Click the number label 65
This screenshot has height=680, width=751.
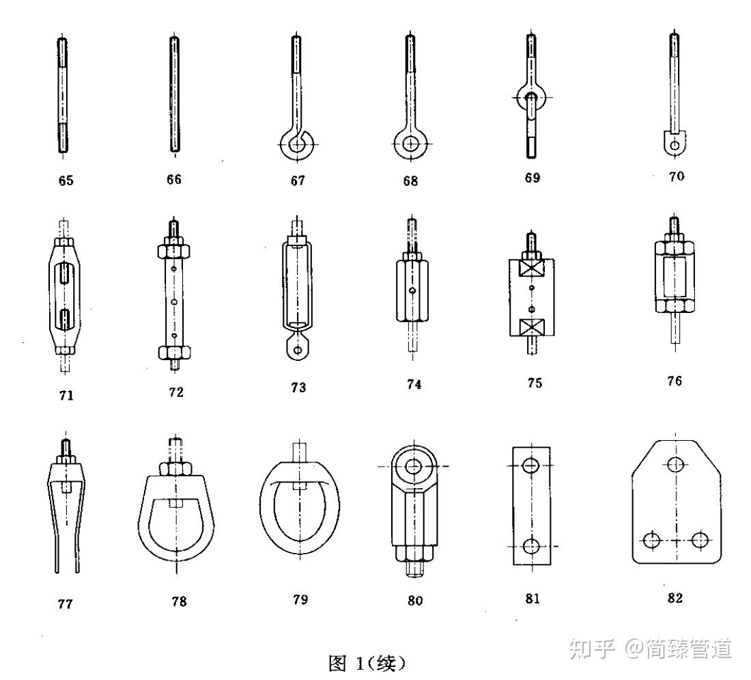point(66,181)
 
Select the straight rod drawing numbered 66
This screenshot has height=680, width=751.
point(174,96)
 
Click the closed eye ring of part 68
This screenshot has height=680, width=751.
point(410,145)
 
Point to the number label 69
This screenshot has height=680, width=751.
point(532,178)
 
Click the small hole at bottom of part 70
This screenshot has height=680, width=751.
point(675,145)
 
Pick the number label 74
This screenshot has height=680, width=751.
point(414,385)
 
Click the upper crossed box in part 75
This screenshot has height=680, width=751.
point(533,267)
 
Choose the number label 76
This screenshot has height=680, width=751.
point(675,381)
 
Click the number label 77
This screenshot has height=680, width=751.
point(66,603)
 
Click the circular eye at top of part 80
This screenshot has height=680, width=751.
point(414,467)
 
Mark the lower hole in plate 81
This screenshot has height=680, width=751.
point(531,546)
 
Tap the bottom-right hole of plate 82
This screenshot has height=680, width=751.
point(698,540)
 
